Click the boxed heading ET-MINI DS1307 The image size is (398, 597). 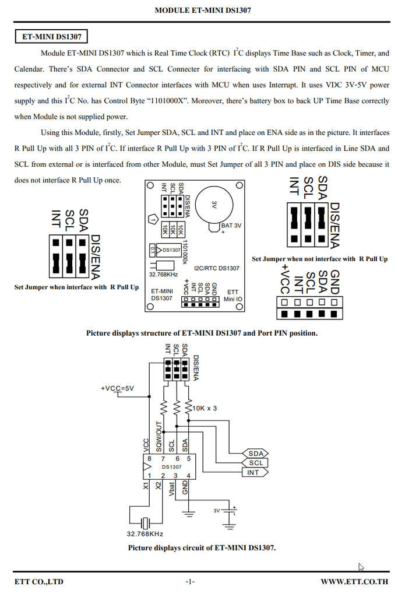(x=51, y=37)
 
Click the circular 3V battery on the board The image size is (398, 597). (x=214, y=205)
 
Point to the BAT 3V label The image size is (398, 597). (x=231, y=225)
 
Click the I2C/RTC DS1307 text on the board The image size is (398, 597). (x=216, y=268)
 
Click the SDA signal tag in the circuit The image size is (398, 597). (x=256, y=454)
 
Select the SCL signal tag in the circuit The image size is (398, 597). (x=256, y=463)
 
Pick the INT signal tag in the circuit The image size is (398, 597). (x=253, y=472)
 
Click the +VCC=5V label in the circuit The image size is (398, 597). (x=117, y=388)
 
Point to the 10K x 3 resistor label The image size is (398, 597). (x=205, y=408)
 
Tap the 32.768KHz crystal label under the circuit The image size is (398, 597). (x=145, y=533)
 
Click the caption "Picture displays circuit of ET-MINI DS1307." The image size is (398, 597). (x=202, y=548)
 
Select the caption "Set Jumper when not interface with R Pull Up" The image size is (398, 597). (x=319, y=259)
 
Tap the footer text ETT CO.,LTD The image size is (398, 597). (x=39, y=581)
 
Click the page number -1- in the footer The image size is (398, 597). (x=190, y=581)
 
